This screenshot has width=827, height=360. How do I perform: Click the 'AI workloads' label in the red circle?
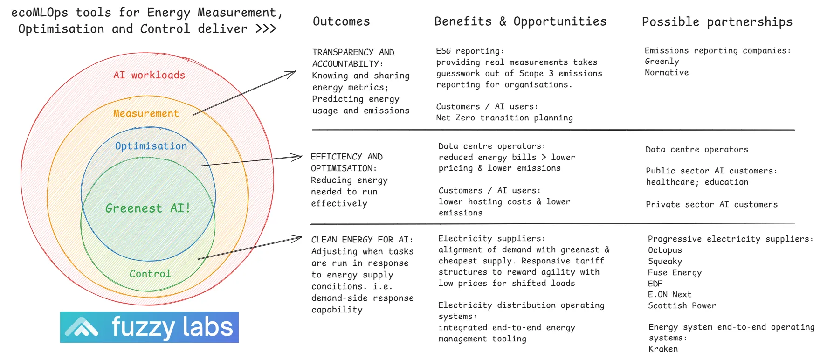coord(149,75)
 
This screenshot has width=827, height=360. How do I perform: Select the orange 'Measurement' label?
coord(146,113)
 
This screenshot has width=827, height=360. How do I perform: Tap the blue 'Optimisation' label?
coord(151,146)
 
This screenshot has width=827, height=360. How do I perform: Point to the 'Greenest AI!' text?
coord(148,208)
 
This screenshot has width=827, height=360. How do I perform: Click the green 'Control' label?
coord(150,274)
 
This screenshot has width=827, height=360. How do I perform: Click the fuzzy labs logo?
coord(149,327)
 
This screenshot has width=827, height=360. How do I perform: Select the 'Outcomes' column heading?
coord(341,21)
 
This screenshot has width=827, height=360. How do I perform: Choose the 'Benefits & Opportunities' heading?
coord(520,21)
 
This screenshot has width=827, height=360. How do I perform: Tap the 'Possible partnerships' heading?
coord(717,22)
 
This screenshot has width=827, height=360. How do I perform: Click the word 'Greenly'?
coord(662,62)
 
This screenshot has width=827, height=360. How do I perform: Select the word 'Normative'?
coord(667,73)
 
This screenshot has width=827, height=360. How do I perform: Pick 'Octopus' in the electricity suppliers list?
coord(665,250)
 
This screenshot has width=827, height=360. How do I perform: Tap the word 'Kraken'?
coord(663,349)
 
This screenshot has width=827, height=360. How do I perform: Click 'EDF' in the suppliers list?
coord(655,284)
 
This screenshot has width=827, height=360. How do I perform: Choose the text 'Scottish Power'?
coord(682,305)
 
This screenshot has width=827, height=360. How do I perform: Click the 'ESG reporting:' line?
coord(470,51)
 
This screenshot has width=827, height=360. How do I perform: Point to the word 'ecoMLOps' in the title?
coord(40,13)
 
